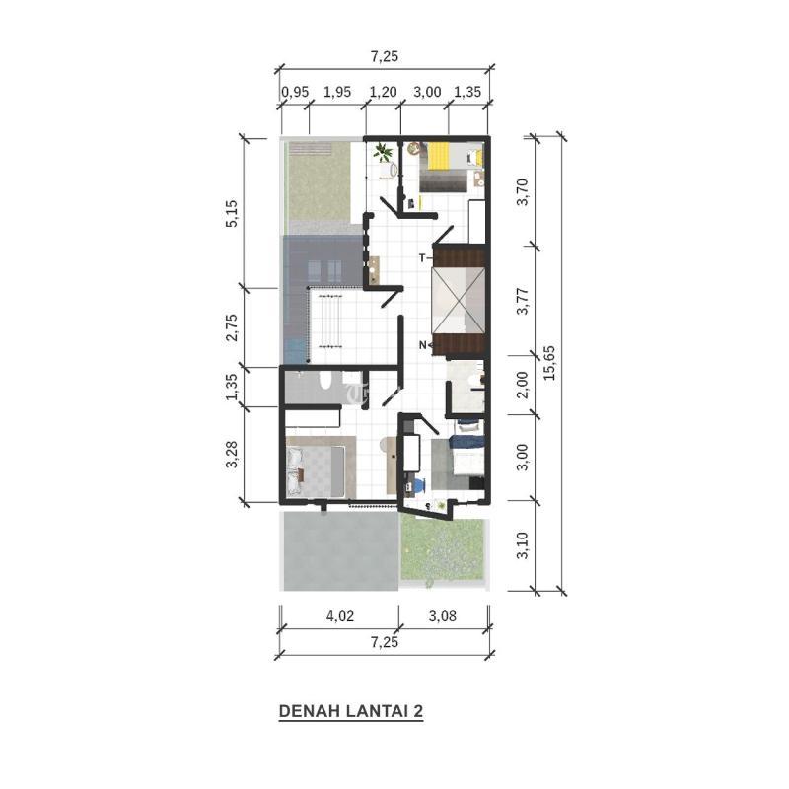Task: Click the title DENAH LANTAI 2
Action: [351, 711]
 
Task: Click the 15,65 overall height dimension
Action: [549, 362]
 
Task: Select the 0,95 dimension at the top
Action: [295, 92]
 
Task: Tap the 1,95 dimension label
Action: [337, 92]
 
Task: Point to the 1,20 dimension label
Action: [384, 92]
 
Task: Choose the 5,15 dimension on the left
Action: [232, 213]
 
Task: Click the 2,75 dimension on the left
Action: [232, 327]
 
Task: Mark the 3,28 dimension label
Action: [232, 455]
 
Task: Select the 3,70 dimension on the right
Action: [524, 191]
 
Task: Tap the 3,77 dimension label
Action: [524, 301]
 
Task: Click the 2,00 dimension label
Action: [524, 385]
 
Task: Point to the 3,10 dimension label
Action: [524, 545]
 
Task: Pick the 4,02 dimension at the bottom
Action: [340, 615]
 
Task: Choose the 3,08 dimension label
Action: [443, 615]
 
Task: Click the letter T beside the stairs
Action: [423, 258]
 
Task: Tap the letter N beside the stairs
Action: [423, 345]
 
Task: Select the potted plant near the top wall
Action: [383, 152]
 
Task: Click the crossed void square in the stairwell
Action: [458, 300]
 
